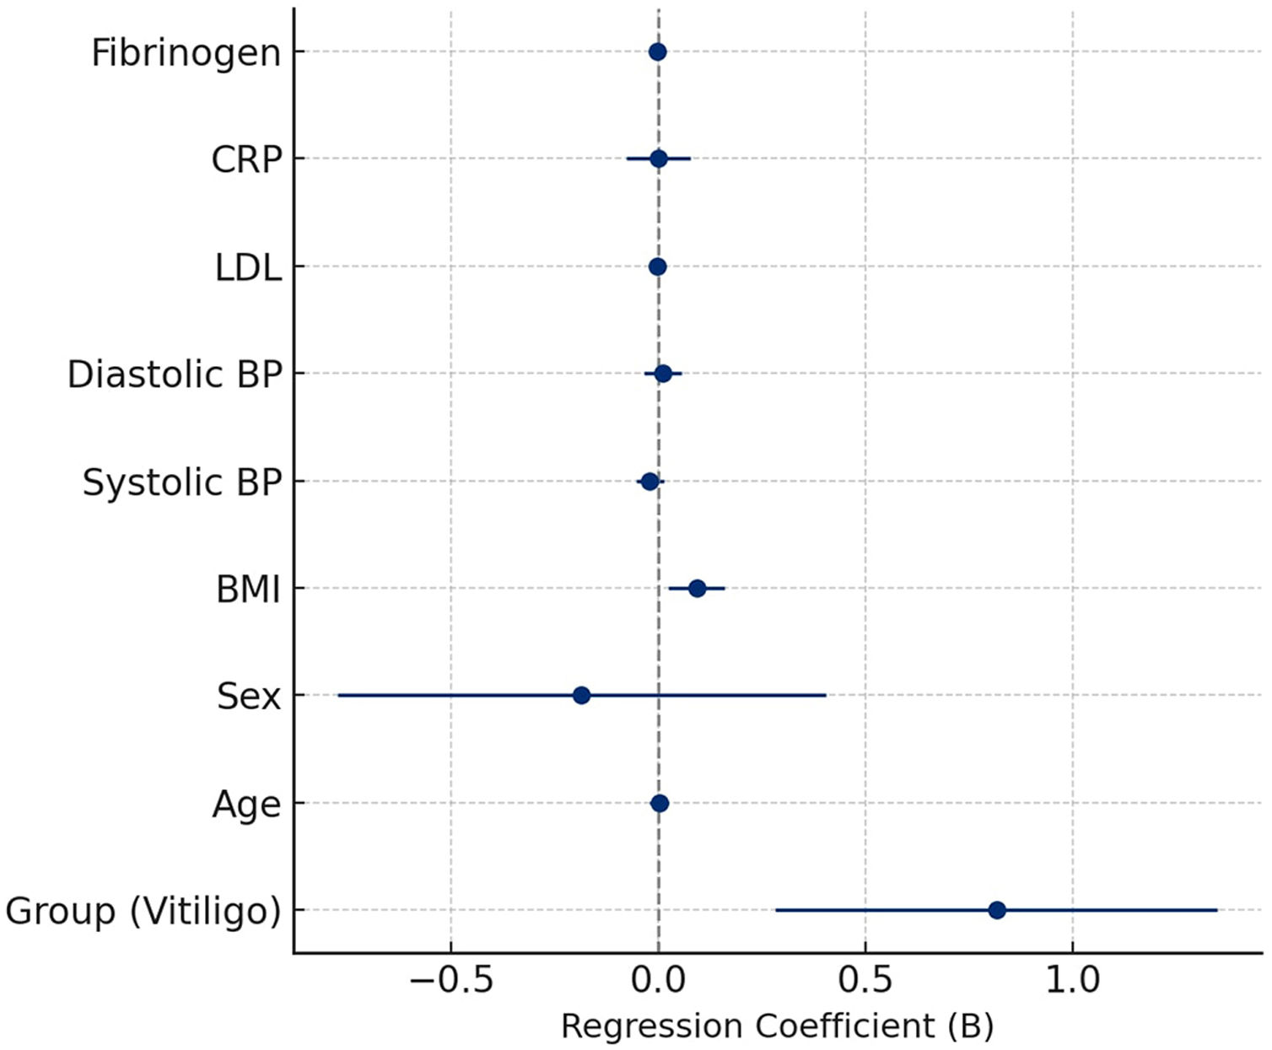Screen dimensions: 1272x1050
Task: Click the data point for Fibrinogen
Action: [x=657, y=51]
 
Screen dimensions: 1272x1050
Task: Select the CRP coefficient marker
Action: [x=659, y=159]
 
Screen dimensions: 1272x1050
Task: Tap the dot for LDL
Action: [x=657, y=267]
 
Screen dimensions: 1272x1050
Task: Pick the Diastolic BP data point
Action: [x=663, y=374]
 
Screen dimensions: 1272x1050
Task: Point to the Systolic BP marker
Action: [x=650, y=482]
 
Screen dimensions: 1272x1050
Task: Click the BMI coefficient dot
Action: [x=697, y=589]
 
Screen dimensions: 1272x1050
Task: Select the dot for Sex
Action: [x=582, y=695]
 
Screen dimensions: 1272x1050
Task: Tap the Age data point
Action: [x=660, y=804]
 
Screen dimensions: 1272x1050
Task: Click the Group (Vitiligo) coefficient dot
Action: [x=997, y=911]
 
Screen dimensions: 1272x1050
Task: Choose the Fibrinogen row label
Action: [x=186, y=54]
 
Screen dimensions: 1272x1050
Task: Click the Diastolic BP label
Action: [x=175, y=374]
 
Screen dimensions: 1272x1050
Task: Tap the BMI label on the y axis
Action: [x=249, y=590]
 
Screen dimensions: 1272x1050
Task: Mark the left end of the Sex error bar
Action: [x=338, y=695]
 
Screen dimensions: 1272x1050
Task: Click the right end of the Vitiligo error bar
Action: [x=1217, y=911]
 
